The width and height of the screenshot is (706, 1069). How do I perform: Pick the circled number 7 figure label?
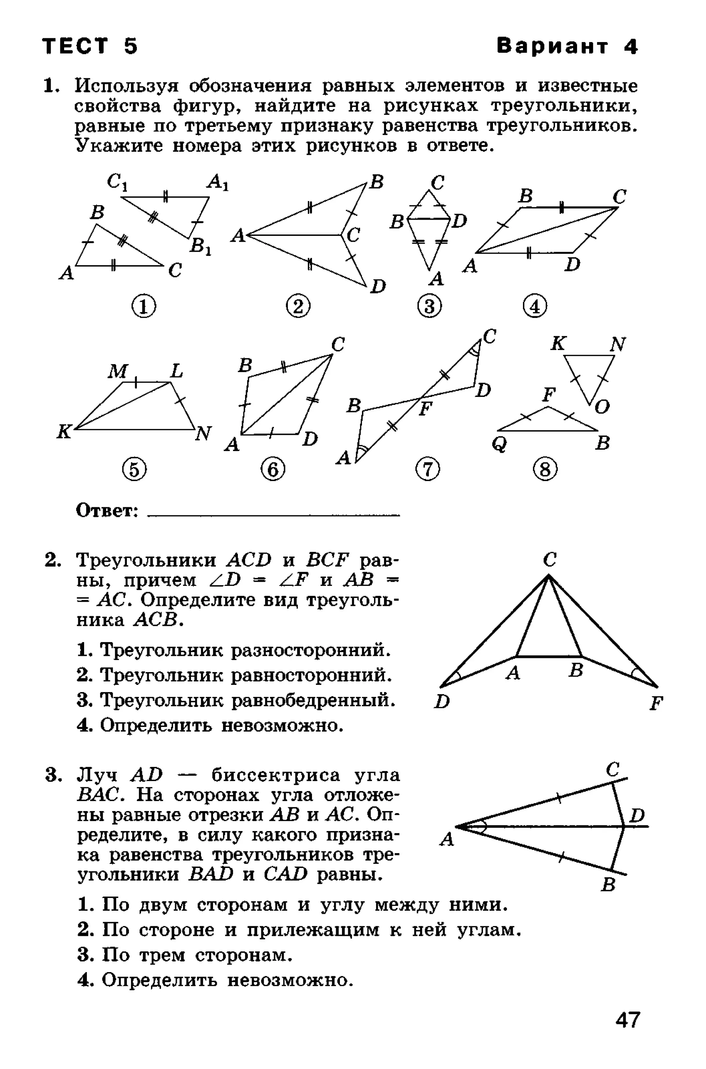tap(427, 470)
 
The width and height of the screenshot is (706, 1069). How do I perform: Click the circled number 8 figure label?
tap(545, 470)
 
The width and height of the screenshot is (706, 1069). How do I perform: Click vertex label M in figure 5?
tap(118, 371)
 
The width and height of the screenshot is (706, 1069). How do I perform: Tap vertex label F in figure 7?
tap(425, 409)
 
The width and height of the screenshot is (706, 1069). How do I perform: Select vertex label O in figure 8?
tap(602, 407)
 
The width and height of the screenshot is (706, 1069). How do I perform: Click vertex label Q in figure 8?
tap(500, 444)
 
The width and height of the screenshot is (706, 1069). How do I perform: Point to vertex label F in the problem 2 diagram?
tap(656, 703)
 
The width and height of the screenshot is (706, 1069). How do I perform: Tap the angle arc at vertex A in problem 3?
tap(483, 827)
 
